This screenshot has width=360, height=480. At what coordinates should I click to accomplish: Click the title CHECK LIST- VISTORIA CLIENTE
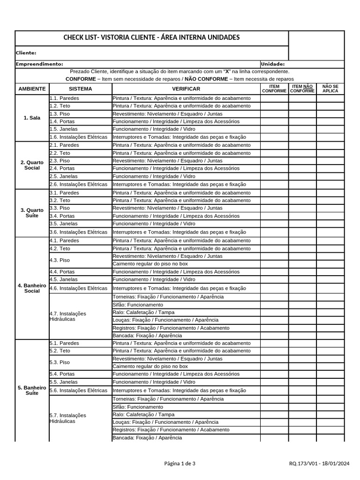point(151,37)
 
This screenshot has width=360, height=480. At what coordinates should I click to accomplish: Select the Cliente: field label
point(26,53)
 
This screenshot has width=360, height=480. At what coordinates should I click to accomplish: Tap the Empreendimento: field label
point(39,64)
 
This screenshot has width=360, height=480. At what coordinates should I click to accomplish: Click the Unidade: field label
point(272,64)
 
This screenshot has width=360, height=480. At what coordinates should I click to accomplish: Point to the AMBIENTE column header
point(32,89)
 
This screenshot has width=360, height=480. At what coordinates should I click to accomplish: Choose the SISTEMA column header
point(80,89)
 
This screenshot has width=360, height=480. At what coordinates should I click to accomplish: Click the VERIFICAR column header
point(186,89)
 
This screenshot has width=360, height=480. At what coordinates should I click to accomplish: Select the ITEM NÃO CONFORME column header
point(302,89)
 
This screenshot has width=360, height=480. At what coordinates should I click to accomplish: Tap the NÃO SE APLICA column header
point(330,89)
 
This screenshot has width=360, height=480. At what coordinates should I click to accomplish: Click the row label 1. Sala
point(32,118)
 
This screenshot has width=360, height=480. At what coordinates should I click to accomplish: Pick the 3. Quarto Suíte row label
point(32,213)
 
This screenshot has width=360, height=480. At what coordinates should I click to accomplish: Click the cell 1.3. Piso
point(60,114)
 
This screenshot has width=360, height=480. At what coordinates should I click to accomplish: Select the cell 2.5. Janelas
point(63,176)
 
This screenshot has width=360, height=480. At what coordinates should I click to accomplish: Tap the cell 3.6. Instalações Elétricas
point(78,232)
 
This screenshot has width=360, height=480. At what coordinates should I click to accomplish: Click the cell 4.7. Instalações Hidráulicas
point(68,316)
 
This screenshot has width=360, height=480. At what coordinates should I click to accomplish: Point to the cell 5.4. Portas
point(62,374)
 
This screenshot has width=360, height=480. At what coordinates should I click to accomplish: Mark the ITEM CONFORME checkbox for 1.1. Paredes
point(274,98)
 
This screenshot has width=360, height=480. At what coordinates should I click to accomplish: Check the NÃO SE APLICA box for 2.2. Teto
point(330,153)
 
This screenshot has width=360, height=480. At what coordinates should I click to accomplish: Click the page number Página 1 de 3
point(180,464)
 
